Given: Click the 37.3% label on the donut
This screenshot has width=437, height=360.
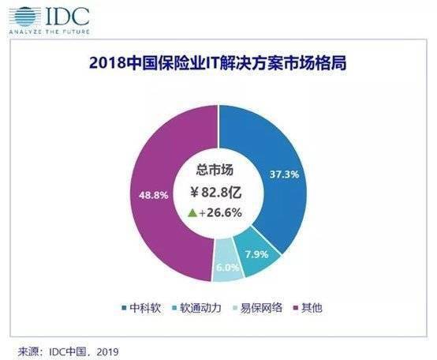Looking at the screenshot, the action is [x=284, y=174].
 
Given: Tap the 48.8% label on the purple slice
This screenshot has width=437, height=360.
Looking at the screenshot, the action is [x=154, y=195].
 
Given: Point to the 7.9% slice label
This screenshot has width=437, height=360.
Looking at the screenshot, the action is [x=256, y=254].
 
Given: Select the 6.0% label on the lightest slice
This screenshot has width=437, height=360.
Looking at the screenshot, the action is [x=228, y=268].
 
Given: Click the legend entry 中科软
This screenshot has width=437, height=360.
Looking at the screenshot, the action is [x=141, y=308].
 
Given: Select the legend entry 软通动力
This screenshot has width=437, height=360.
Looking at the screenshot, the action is [x=197, y=308].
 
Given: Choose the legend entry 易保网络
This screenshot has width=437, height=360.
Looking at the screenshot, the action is [x=258, y=308].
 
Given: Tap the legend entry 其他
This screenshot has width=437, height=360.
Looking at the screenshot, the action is [x=308, y=308].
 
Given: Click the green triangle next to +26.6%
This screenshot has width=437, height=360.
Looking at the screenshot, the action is [x=192, y=213].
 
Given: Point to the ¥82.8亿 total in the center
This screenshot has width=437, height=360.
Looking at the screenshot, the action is [x=216, y=192].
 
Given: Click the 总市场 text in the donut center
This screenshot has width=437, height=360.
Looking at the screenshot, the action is [x=215, y=170].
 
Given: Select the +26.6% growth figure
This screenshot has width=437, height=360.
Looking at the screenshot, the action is [x=220, y=213].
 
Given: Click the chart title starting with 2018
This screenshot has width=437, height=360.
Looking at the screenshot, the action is [x=218, y=63].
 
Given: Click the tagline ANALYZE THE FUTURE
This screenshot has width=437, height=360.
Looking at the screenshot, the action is [x=50, y=32].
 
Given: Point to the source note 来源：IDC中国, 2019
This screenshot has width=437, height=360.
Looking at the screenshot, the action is [x=69, y=351].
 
